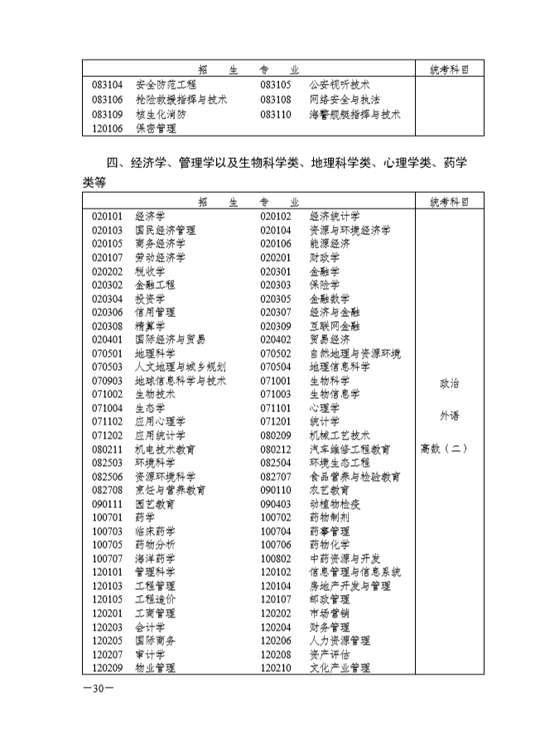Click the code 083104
tap(108, 84)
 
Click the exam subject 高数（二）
tap(445, 449)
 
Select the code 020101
tap(108, 216)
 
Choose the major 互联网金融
tap(335, 326)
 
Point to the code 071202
tap(108, 434)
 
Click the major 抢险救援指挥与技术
tap(181, 99)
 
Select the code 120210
tap(276, 668)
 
